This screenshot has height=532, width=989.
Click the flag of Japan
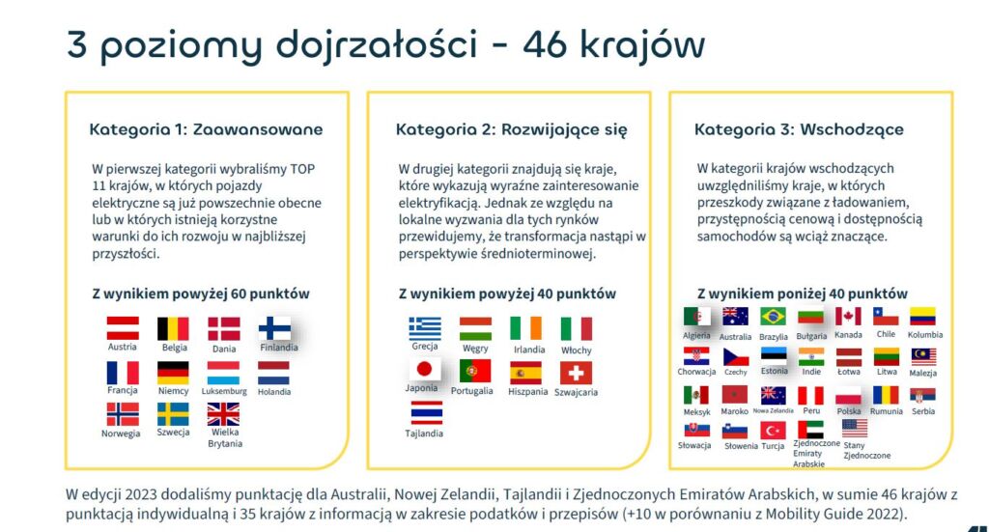(425, 370)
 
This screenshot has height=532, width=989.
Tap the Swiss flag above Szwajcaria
(576, 373)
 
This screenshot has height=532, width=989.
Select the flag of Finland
(275, 328)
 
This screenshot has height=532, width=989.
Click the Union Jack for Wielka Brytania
(223, 415)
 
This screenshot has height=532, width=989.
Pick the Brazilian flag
(773, 317)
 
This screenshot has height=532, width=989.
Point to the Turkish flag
(773, 431)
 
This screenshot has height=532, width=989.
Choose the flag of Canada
(848, 317)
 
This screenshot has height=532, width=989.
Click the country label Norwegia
(121, 434)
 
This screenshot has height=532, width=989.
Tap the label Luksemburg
(224, 391)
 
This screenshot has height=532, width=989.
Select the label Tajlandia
(424, 434)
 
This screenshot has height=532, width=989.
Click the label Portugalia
(471, 391)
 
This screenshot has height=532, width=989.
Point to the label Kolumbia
(925, 335)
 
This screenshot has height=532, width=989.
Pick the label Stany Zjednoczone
(866, 450)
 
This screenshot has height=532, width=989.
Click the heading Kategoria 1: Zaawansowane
(207, 129)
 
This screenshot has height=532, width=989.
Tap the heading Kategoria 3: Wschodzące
(799, 129)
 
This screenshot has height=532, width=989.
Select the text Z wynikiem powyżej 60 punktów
(201, 294)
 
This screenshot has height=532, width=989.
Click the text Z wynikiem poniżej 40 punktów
(803, 294)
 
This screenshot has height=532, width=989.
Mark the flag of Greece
(425, 328)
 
